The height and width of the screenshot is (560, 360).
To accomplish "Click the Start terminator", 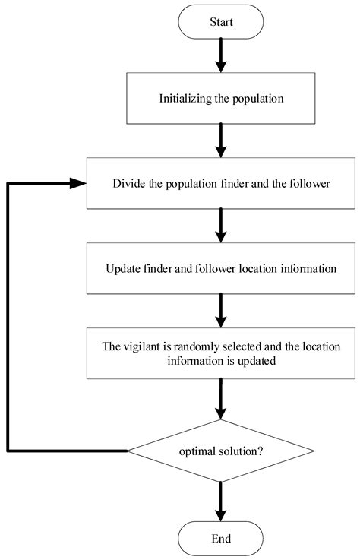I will click(220, 22).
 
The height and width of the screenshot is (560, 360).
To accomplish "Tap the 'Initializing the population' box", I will click(220, 98).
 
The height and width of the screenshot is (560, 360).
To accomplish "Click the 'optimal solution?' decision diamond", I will click(220, 451).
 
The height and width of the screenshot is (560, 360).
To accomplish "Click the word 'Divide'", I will click(128, 183).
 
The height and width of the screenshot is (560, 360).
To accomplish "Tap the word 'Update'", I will click(126, 268).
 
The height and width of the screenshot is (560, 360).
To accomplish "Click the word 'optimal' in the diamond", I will click(197, 451).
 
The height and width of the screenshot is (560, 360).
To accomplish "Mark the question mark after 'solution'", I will click(261, 451).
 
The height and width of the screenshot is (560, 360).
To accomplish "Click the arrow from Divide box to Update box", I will click(220, 224).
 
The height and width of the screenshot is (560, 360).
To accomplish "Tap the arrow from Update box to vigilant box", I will click(220, 309).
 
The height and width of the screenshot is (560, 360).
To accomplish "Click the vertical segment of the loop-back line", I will click(8, 319).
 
